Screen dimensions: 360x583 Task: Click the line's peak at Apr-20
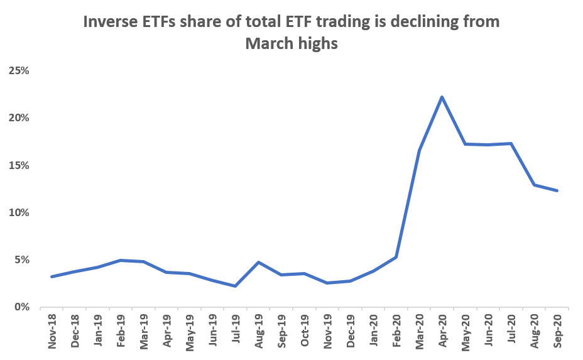point(442,97)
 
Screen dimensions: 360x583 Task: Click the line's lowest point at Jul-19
point(235,286)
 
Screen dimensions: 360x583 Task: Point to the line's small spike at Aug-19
point(258,262)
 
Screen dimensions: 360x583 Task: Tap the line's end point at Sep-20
point(557,190)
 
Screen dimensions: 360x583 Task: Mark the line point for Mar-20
point(419,150)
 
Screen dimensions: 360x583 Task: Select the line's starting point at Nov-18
point(52,276)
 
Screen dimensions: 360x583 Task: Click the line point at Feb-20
point(396,257)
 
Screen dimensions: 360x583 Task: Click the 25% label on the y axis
point(19,70)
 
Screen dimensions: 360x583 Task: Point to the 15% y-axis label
point(19,165)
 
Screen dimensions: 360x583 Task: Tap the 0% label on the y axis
point(21,307)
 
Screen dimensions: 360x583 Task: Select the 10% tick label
point(19,212)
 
